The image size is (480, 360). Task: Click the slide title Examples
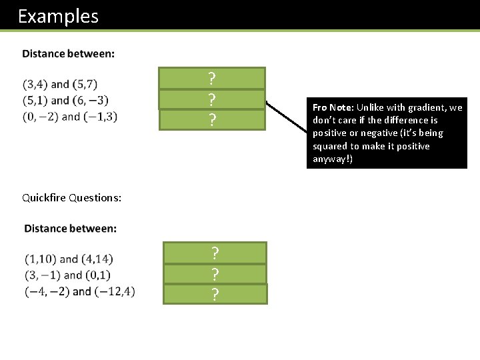(58, 16)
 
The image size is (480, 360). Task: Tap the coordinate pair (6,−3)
(93, 101)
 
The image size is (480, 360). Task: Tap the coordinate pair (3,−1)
(39, 275)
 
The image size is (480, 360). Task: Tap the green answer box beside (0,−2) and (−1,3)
(211, 120)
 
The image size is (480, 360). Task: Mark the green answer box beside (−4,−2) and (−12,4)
(215, 294)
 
